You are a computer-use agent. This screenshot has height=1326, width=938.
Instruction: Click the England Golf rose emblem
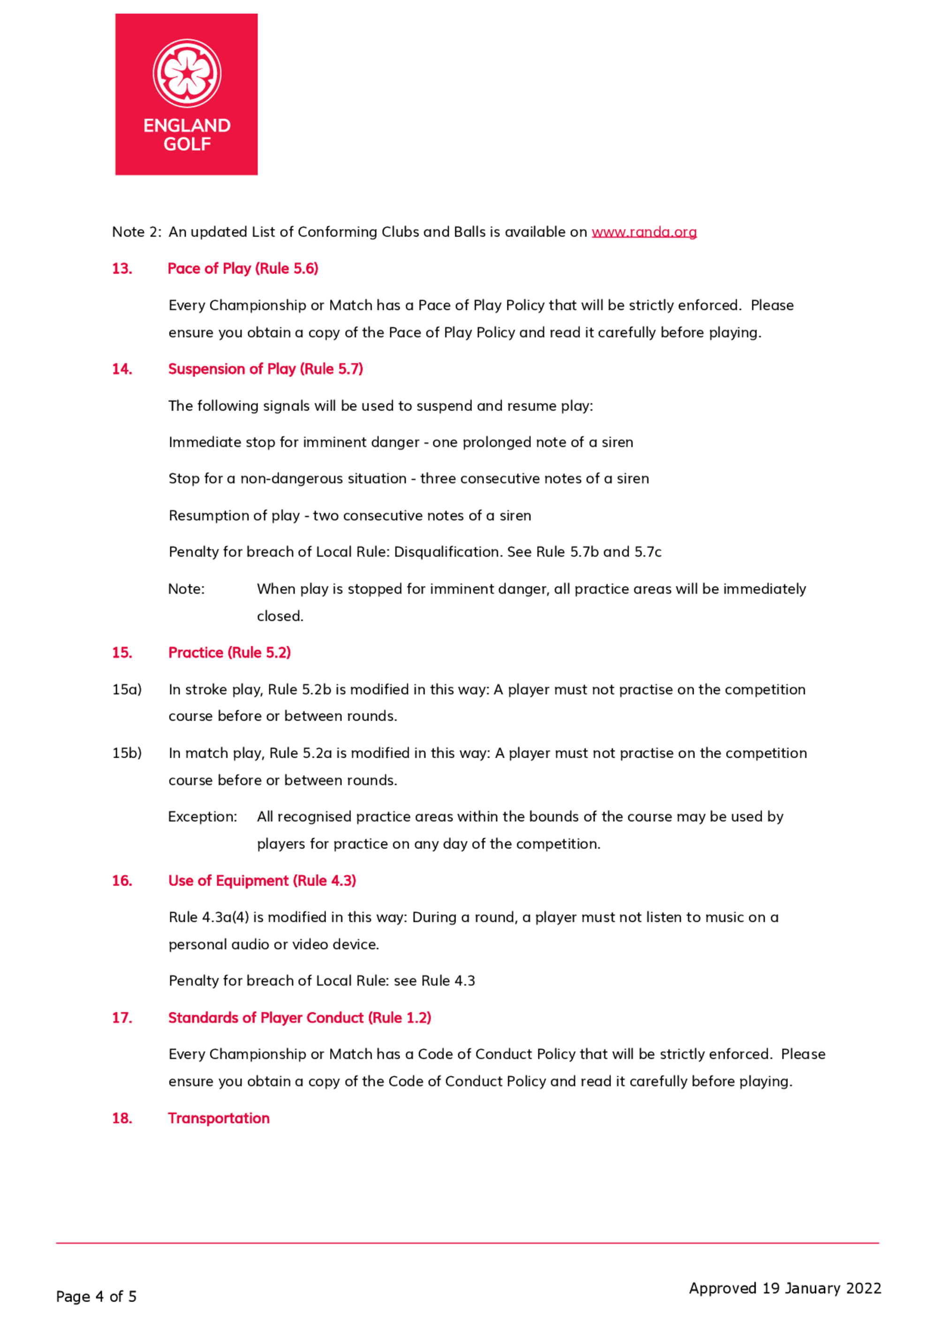187,73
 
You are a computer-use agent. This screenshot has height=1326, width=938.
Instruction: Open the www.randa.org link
643,232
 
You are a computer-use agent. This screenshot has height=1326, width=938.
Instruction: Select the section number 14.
122,369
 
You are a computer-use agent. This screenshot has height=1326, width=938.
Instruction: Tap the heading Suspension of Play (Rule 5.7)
265,369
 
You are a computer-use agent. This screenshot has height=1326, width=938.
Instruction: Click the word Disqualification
447,552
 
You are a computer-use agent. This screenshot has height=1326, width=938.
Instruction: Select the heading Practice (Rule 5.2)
229,652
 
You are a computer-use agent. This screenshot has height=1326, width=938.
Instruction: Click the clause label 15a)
127,689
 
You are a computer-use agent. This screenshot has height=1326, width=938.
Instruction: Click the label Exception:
202,816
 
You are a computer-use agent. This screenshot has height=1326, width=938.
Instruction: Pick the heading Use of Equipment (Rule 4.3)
262,881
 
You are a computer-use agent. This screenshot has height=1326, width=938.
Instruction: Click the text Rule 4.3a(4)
209,917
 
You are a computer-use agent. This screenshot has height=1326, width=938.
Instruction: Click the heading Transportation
219,1118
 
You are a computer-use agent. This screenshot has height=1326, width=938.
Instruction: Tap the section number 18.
122,1118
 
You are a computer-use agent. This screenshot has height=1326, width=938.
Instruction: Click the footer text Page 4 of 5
96,1296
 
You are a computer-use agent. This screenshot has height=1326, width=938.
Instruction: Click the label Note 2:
136,232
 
